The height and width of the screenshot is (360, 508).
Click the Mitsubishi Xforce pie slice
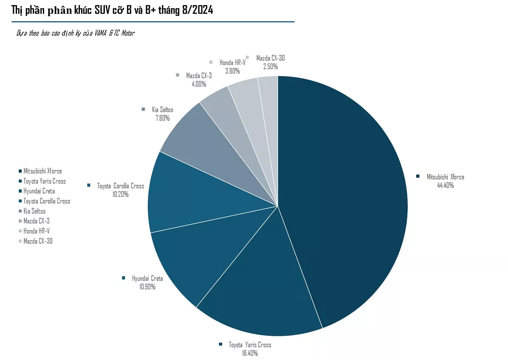tap(344, 200)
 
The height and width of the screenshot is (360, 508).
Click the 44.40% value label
tap(445, 185)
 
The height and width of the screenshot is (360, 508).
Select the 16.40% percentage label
tap(249, 353)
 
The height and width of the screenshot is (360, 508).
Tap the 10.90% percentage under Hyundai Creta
tap(147, 286)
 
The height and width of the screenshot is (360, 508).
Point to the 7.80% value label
tap(162, 118)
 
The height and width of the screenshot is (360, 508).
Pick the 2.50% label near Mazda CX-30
tap(270, 66)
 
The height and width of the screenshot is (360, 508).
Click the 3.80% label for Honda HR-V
tap(232, 71)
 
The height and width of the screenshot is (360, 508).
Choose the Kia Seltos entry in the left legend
tap(34, 211)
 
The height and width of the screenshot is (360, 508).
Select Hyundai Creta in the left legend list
tap(39, 191)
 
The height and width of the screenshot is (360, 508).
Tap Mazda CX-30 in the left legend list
tap(38, 241)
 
